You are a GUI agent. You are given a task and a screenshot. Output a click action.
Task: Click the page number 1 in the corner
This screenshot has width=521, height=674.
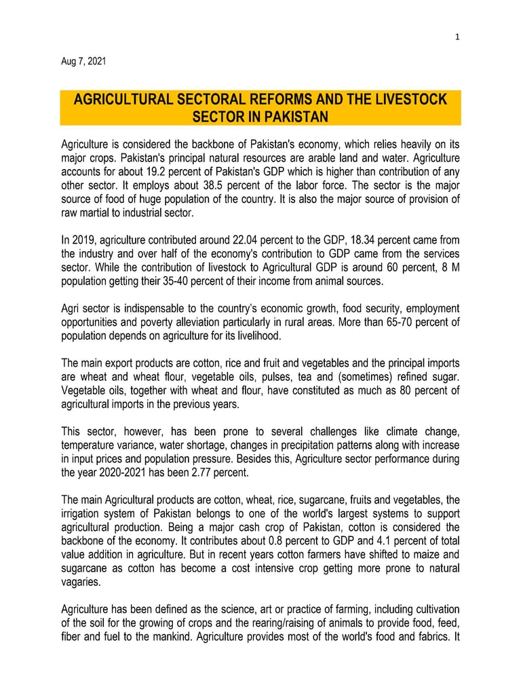[x=457, y=38]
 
